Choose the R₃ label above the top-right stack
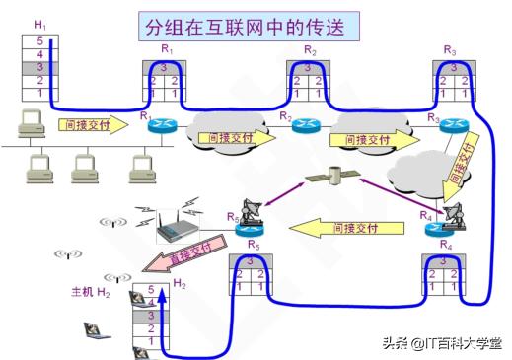coord(450,49)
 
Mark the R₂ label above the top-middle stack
coord(310,49)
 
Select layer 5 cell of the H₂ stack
coord(151,290)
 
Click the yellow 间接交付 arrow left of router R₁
coord(92,125)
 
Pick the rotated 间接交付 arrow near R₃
coord(462,161)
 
